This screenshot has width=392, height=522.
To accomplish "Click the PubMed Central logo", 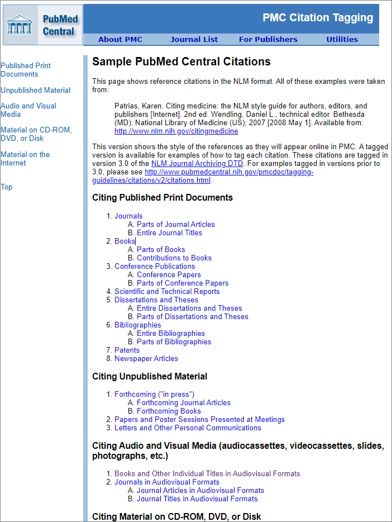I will [42, 25].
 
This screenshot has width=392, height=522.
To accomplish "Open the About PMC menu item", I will [120, 40].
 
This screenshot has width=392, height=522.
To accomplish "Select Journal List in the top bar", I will [194, 40].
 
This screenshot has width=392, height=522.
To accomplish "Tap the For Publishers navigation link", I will [268, 40].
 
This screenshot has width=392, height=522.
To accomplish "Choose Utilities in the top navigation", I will [342, 40].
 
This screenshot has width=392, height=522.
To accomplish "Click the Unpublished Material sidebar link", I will [36, 90].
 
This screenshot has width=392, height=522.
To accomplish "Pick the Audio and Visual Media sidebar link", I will [28, 110].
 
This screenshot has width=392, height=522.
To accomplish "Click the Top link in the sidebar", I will [7, 187].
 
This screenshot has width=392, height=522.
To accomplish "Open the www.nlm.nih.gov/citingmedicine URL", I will [176, 131].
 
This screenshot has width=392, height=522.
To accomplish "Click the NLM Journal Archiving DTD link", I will [189, 164].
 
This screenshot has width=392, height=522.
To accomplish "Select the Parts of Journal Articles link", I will [176, 224].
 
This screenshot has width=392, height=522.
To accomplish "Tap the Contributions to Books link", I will [174, 258].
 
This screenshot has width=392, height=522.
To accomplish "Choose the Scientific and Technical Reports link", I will [167, 291].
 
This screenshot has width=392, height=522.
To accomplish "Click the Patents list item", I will [127, 350].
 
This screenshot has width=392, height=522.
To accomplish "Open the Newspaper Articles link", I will [146, 358].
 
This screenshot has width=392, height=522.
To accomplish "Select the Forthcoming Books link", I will [169, 411].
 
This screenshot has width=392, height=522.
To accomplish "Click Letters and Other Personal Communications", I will [188, 428].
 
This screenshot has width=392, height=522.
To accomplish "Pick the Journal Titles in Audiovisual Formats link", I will [197, 499].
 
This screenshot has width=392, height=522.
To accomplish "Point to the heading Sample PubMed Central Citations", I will [181, 61].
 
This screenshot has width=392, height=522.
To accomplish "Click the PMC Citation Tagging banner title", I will [318, 17].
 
